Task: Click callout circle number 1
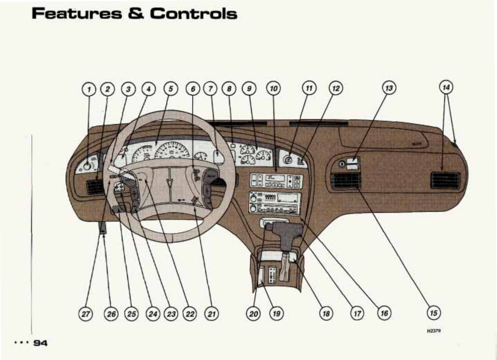(x=89, y=89)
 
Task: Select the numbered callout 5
(x=171, y=89)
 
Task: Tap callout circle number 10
(x=273, y=89)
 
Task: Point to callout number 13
(x=389, y=88)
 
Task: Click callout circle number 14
(x=446, y=87)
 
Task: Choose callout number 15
(x=433, y=313)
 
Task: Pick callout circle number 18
(x=326, y=314)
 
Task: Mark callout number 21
(x=211, y=314)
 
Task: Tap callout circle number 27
(x=85, y=314)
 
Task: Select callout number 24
(x=153, y=314)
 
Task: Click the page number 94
(x=40, y=343)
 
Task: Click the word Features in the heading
(x=76, y=13)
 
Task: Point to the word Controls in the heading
(x=194, y=13)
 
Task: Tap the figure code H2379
(x=434, y=331)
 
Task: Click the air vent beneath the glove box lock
(x=346, y=180)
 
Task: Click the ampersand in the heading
(x=135, y=13)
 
